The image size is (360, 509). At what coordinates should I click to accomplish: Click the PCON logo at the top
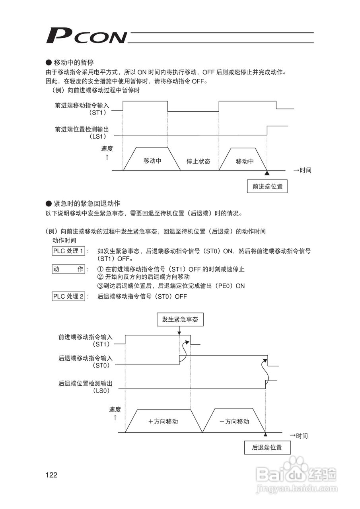(86, 36)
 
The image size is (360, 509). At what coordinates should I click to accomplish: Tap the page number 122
(52, 475)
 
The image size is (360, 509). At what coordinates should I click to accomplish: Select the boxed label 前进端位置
(267, 187)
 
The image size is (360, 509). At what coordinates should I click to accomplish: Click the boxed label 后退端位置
(267, 447)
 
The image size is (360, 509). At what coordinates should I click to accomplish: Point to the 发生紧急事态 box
(180, 319)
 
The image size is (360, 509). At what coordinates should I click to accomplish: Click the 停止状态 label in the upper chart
(198, 161)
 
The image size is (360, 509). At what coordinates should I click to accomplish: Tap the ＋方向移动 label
(163, 422)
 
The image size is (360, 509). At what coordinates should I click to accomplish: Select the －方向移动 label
(234, 422)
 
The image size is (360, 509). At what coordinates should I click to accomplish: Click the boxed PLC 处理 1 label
(68, 251)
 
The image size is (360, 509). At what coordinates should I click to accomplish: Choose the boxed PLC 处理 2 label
(68, 296)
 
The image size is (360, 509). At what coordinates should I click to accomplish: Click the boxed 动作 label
(68, 269)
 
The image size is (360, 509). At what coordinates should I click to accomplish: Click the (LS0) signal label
(101, 391)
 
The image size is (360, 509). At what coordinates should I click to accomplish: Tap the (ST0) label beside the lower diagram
(101, 365)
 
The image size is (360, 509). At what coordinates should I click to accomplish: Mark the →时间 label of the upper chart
(302, 170)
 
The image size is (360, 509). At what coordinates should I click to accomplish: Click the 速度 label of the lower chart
(115, 409)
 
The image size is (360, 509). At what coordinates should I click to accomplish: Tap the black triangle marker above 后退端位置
(265, 435)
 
